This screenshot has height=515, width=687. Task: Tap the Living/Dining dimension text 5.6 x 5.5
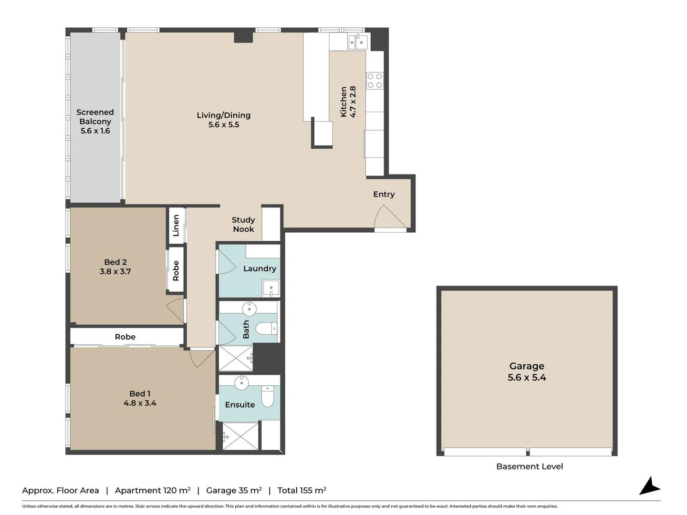(223, 125)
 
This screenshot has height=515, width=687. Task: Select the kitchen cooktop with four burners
(375, 81)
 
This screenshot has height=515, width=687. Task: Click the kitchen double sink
(357, 42)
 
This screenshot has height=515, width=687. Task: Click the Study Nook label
(243, 225)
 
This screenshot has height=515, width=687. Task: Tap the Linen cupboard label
(176, 226)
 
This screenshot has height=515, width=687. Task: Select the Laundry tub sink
(271, 288)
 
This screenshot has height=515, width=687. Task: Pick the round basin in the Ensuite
(242, 382)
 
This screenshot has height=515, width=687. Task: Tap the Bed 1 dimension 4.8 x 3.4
(140, 403)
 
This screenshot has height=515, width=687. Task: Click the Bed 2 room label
(115, 262)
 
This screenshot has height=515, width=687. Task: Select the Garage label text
(527, 366)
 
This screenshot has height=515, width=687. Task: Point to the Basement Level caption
(530, 466)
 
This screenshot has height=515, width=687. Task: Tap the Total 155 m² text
(302, 490)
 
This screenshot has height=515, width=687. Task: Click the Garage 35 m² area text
(234, 490)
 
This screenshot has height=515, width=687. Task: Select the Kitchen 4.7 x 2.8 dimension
(353, 102)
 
